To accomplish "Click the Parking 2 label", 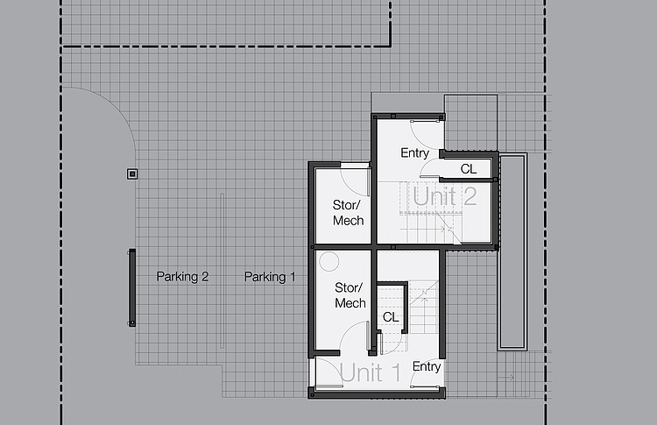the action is point(182,277).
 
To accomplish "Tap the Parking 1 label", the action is point(270,277).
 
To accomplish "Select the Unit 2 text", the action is point(444,196).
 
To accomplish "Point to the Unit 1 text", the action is point(370,372).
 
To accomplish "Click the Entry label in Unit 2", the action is point(415,153).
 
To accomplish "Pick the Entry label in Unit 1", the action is point(427,367).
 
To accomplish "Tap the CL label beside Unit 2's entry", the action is point(469,169).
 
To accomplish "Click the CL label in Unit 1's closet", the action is point(391,317).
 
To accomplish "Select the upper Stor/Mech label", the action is point(348,212).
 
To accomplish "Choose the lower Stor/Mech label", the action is point(350,295).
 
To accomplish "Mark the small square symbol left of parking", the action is point(132,174).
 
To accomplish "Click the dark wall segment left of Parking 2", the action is point(132,287).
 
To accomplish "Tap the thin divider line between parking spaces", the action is point(223,271).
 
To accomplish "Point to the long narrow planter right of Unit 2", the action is point(512,251).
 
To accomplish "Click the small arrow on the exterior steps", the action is point(505,377).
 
